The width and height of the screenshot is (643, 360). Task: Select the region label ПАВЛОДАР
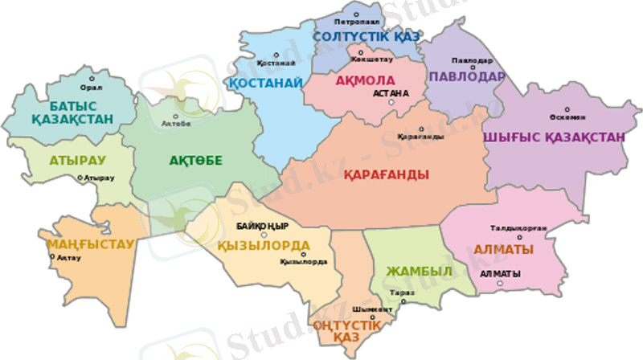[x=467, y=77]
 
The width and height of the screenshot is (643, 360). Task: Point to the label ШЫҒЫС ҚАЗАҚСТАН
[x=553, y=137]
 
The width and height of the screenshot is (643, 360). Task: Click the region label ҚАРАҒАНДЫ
[x=386, y=174]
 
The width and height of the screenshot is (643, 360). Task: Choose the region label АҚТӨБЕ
[x=195, y=160]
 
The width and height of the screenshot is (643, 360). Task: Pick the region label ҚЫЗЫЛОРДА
[x=264, y=245]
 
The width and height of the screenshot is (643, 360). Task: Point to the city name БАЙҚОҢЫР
[x=262, y=226]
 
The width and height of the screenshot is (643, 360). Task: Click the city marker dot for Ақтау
[x=53, y=257]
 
